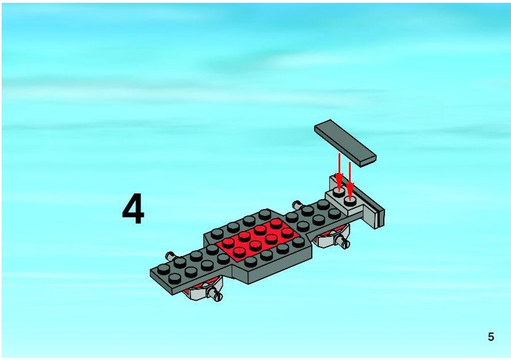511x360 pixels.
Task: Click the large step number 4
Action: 134,208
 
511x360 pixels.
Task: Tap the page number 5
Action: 491,337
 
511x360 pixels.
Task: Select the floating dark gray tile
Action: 345,143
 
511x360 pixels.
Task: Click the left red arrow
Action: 339,172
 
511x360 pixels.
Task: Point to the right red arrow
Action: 350,181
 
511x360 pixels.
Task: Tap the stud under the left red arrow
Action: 339,193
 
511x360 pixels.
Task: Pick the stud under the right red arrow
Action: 350,201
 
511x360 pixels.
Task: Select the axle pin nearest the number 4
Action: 170,255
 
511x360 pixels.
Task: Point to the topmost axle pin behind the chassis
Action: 297,205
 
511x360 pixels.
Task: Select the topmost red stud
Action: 276,224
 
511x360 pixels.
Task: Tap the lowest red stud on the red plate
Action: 239,252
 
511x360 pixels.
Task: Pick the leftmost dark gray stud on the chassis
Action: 163,269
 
